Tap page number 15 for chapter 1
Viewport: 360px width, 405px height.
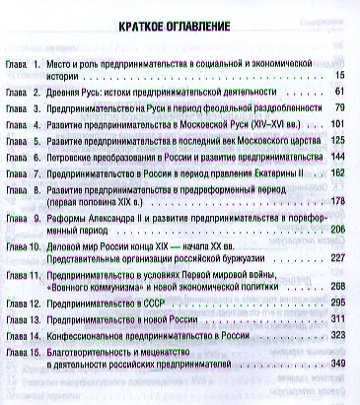tap(341, 76)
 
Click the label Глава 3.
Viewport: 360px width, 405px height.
tap(22, 107)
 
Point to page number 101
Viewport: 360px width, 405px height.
tap(339, 124)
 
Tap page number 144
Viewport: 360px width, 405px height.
tap(339, 158)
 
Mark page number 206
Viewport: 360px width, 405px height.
tap(339, 229)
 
